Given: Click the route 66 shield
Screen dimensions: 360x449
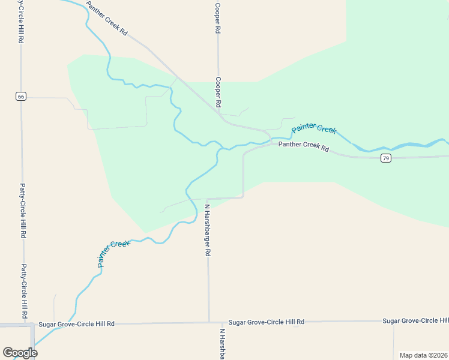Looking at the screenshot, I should pyautogui.click(x=21, y=96).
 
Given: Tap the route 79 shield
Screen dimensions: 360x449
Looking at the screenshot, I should pyautogui.click(x=386, y=158).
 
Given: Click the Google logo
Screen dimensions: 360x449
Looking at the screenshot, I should pyautogui.click(x=20, y=353).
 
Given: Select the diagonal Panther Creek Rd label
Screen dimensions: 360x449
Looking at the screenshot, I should pyautogui.click(x=107, y=19).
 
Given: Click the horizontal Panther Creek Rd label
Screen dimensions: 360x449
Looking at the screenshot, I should pyautogui.click(x=304, y=146).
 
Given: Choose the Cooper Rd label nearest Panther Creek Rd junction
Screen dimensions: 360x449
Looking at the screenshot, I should pyautogui.click(x=218, y=92).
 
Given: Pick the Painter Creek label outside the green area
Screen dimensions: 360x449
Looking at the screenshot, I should pyautogui.click(x=113, y=253).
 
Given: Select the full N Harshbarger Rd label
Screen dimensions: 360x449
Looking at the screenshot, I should pyautogui.click(x=208, y=230).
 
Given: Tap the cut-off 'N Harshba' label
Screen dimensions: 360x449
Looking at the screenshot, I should pyautogui.click(x=222, y=344).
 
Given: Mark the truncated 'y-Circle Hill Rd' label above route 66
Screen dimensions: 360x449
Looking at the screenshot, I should pyautogui.click(x=21, y=22).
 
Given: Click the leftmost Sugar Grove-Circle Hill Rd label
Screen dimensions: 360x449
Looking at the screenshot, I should pyautogui.click(x=76, y=324).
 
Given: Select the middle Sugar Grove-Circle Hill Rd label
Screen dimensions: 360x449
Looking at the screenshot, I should pyautogui.click(x=266, y=322).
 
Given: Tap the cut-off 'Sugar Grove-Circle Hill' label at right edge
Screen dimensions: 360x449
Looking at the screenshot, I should pyautogui.click(x=415, y=321).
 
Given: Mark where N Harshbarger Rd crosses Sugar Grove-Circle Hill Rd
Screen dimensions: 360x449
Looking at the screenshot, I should pyautogui.click(x=209, y=323).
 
